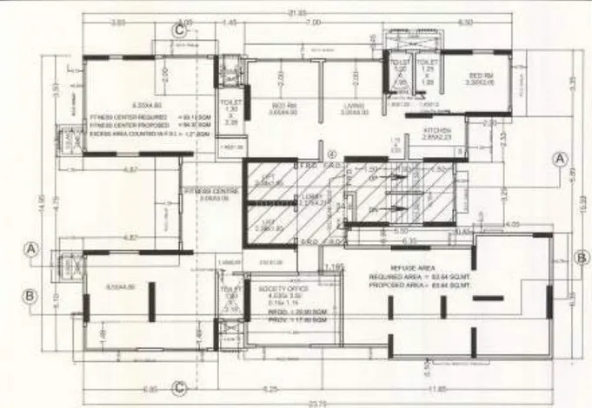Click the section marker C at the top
pos(180,30)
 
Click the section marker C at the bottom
pos(180,387)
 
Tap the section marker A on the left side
pos(31,250)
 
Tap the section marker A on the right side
pos(561,158)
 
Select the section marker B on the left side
pos(31,295)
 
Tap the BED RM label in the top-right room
pos(482,76)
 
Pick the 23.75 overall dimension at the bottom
pos(323,405)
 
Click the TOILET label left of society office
pos(230,290)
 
